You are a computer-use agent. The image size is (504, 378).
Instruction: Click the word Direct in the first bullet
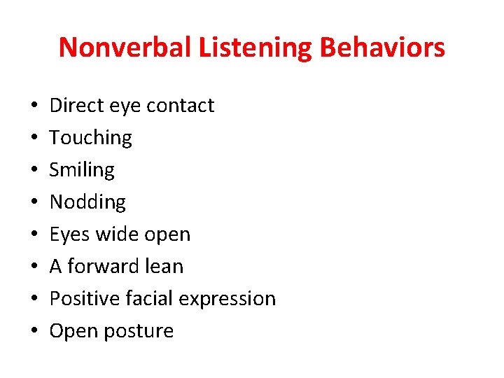pos(74,106)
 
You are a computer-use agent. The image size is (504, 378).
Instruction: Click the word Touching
pos(90,138)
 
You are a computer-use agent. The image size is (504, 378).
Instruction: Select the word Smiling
pos(82,170)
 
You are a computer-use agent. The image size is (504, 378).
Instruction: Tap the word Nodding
pos(87,202)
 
